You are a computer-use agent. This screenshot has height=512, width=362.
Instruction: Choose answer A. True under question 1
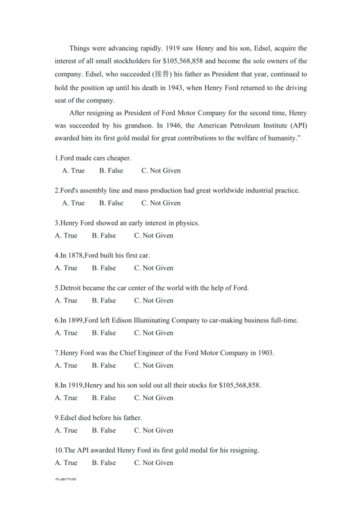(73, 170)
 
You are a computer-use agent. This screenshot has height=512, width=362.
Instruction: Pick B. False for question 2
(111, 203)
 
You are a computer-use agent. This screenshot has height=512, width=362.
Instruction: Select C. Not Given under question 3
(153, 235)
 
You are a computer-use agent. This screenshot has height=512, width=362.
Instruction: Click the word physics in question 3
(188, 223)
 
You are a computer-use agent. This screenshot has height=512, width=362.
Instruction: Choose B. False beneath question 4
(103, 268)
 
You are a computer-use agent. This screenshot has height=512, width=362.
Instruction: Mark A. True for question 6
(66, 333)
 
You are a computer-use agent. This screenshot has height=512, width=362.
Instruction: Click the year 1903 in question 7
(265, 353)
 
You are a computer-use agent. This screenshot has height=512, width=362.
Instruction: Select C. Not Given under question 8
(153, 398)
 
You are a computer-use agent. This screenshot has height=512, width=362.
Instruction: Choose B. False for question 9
(103, 430)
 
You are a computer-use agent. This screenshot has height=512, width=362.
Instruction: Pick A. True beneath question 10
(66, 463)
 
